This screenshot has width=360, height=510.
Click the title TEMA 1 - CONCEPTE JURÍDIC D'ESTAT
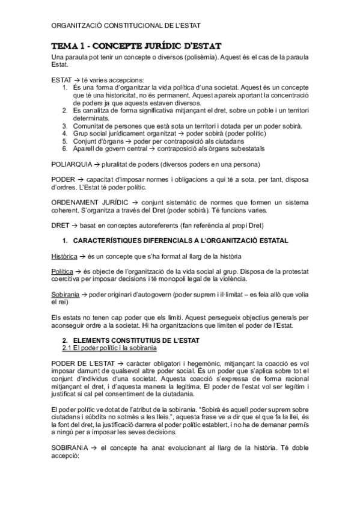(136, 46)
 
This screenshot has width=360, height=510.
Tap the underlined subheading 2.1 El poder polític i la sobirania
(109, 348)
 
